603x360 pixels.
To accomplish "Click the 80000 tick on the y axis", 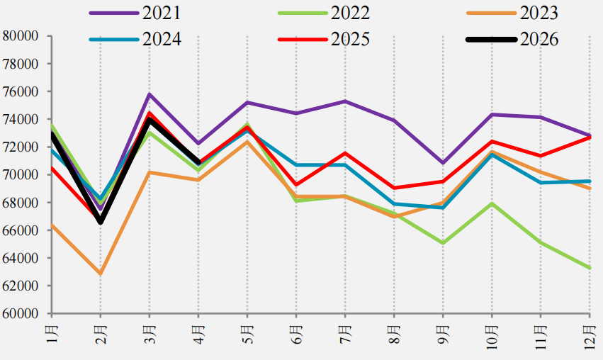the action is click(21, 36).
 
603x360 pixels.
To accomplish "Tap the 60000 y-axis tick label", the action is click(21, 313).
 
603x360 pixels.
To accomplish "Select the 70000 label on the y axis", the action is click(21, 174).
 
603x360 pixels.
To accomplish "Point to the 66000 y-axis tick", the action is click(21, 230).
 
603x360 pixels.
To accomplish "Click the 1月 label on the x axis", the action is click(52, 334).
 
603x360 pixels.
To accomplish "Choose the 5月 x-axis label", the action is click(247, 334).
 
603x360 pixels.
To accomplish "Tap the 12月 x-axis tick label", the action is click(590, 337).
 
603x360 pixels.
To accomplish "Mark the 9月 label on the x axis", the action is click(443, 334).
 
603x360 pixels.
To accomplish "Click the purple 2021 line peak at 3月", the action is click(150, 94).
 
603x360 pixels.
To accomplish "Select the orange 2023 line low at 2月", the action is click(101, 274).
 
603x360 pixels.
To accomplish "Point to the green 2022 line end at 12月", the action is click(590, 268).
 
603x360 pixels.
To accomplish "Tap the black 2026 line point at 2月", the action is click(101, 222).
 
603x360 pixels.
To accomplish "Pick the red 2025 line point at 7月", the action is click(345, 153).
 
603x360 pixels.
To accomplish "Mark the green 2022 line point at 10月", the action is click(492, 203).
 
